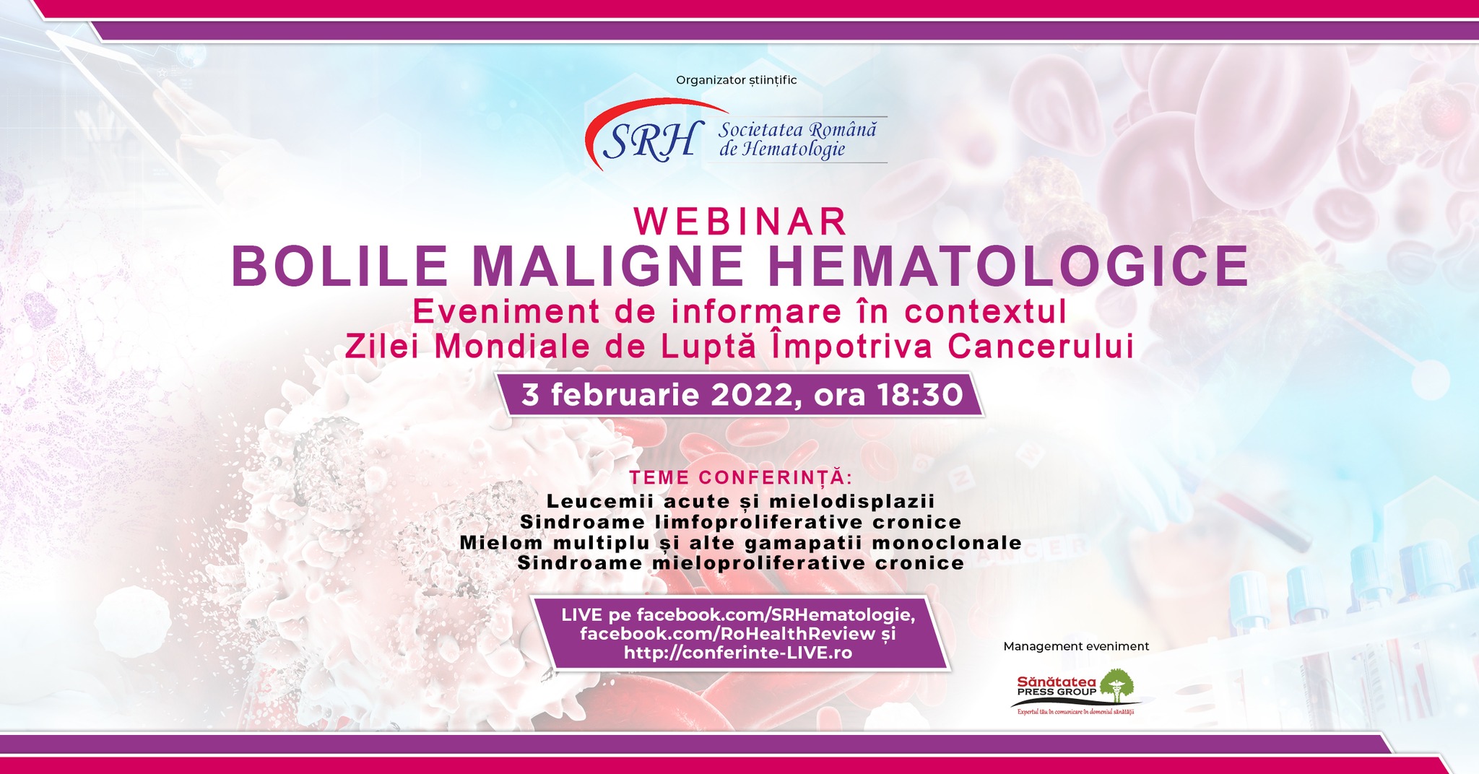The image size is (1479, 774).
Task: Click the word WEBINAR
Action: tap(740, 222)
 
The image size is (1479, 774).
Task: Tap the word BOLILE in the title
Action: tap(340, 266)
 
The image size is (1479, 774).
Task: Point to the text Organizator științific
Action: tap(736, 80)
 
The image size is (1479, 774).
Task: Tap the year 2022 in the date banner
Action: tap(755, 395)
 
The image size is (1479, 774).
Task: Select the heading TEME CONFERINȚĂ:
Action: tap(740, 477)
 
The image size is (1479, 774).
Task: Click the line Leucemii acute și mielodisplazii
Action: tap(740, 501)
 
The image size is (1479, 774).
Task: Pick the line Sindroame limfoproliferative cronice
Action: tap(740, 522)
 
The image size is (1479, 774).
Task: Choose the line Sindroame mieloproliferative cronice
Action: tap(740, 563)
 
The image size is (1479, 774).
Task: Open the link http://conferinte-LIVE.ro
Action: tap(738, 653)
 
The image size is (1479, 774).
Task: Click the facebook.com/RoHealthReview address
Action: tap(727, 633)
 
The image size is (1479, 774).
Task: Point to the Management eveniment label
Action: tap(1076, 646)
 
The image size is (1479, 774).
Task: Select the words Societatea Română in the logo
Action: tap(797, 130)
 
